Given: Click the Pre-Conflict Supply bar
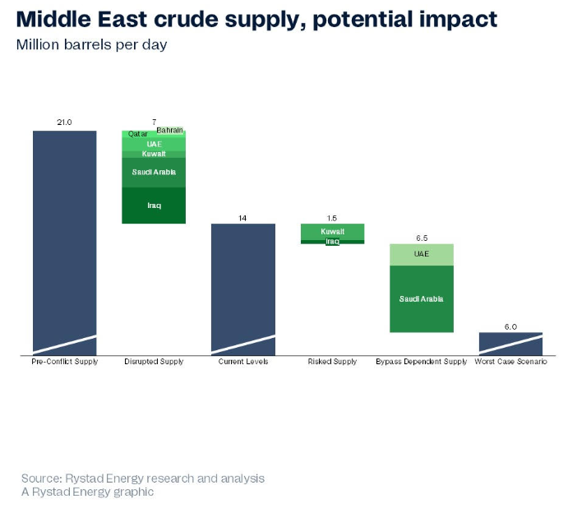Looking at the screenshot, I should point(64,238).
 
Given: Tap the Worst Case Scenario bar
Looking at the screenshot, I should point(510,341).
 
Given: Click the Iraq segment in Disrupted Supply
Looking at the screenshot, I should point(154,206).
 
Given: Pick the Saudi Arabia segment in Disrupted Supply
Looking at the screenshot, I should point(154,172).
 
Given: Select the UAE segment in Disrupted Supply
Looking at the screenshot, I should point(154,143).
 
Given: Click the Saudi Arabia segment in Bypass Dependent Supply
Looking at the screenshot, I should point(421,298).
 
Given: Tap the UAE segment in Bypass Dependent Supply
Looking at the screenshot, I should point(421,253).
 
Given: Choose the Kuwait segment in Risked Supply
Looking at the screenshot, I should point(332,231).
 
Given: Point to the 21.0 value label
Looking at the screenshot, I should point(64,123).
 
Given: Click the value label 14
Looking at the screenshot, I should point(243,218).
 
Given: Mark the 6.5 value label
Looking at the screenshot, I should point(421,238).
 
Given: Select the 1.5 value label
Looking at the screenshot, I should point(332,218).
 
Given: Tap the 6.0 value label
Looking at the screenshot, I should point(510,326).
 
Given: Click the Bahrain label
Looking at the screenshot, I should point(170,130).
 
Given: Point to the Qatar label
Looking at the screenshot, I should point(137,133).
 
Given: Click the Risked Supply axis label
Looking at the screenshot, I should point(332,362).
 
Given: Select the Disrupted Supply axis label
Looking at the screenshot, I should point(154,362).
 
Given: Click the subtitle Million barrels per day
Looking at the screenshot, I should point(91,44).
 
